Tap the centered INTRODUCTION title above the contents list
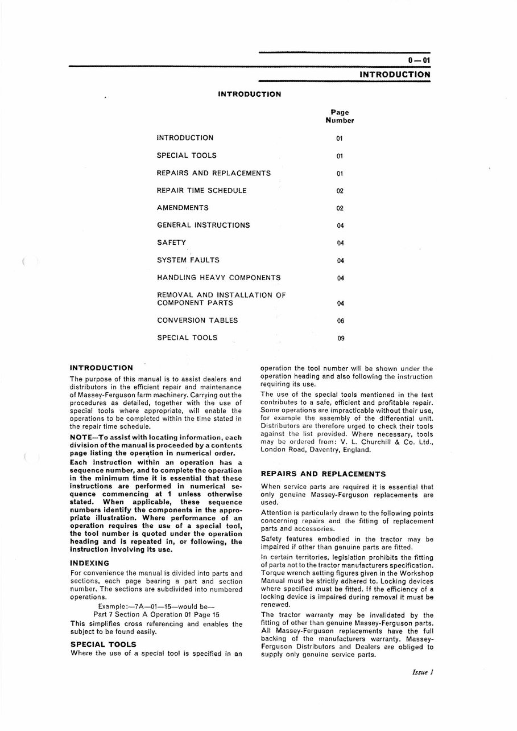tap(249, 94)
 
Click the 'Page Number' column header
tap(340, 116)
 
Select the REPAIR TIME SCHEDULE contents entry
tap(202, 191)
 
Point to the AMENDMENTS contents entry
tap(183, 208)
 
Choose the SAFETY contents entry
tap(171, 243)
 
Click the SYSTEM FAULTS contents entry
tap(188, 260)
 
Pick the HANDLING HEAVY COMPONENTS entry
tap(218, 278)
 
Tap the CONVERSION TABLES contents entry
tap(197, 320)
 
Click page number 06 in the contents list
tap(340, 321)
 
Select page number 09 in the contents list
tap(340, 338)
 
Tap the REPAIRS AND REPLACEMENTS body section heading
tap(323, 474)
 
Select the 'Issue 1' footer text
tap(423, 672)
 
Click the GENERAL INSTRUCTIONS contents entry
tap(203, 225)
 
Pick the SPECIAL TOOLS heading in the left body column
tap(103, 644)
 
